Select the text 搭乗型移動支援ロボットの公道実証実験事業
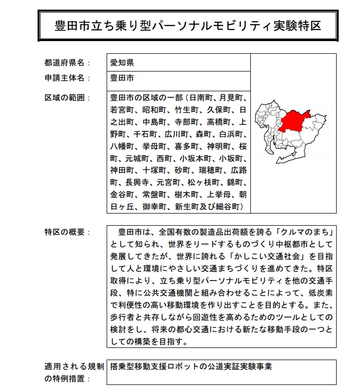point(190,366)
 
